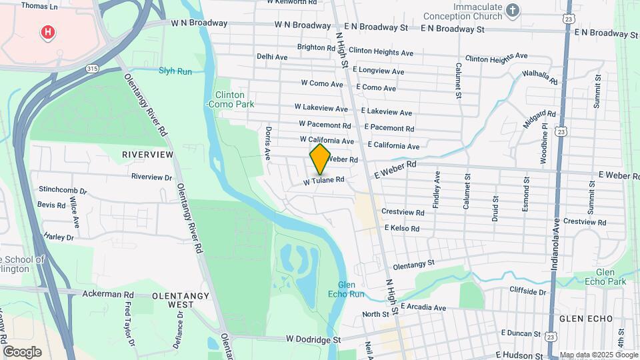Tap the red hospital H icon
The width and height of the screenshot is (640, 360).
pos(47,31)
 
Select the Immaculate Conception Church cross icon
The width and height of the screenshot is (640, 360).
pos(512,9)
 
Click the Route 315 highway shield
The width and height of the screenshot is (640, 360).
pos(93,69)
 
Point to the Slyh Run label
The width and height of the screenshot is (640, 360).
pos(175,71)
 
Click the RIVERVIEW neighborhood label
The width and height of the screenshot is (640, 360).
pos(147,155)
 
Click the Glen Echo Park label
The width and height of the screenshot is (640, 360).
pos(611,277)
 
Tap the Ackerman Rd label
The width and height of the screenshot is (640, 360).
pos(108,293)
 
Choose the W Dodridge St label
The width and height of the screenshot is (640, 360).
pos(313,339)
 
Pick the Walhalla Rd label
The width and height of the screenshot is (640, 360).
pos(540,77)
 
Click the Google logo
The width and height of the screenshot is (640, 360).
pos(21,351)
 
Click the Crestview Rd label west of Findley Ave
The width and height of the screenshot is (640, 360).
pos(403,212)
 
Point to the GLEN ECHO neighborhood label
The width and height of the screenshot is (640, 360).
pos(585,319)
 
